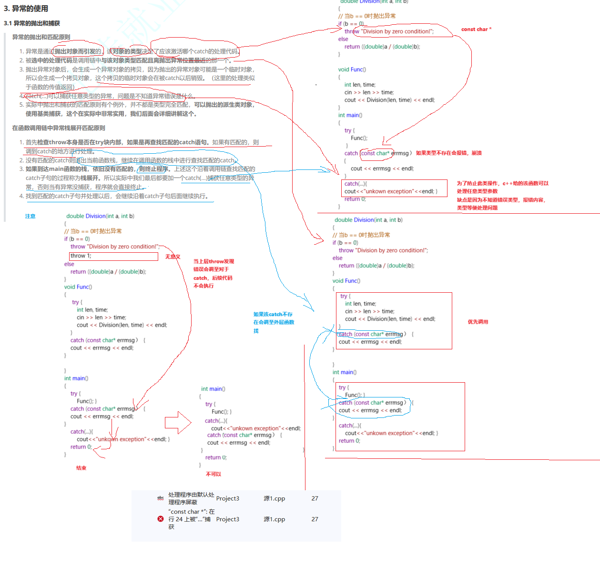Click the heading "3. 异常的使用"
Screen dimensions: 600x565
[26, 9]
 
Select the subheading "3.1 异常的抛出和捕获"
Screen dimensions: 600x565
[32, 23]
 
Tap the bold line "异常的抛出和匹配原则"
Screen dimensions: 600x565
[41, 37]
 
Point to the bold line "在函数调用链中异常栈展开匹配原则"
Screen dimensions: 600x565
[59, 128]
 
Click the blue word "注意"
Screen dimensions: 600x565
[30, 216]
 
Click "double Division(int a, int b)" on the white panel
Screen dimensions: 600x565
[100, 216]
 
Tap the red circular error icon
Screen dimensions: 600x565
[161, 519]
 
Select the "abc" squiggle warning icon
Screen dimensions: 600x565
[161, 498]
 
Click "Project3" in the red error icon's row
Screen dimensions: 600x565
[228, 519]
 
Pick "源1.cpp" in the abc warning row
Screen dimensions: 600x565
[274, 498]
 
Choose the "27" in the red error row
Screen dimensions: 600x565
[315, 519]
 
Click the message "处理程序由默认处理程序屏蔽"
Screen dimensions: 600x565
[191, 498]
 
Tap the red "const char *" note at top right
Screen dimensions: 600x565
[476, 30]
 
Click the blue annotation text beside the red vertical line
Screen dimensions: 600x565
[274, 322]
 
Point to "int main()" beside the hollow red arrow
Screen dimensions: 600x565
[213, 389]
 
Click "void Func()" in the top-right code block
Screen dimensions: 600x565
[352, 69]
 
